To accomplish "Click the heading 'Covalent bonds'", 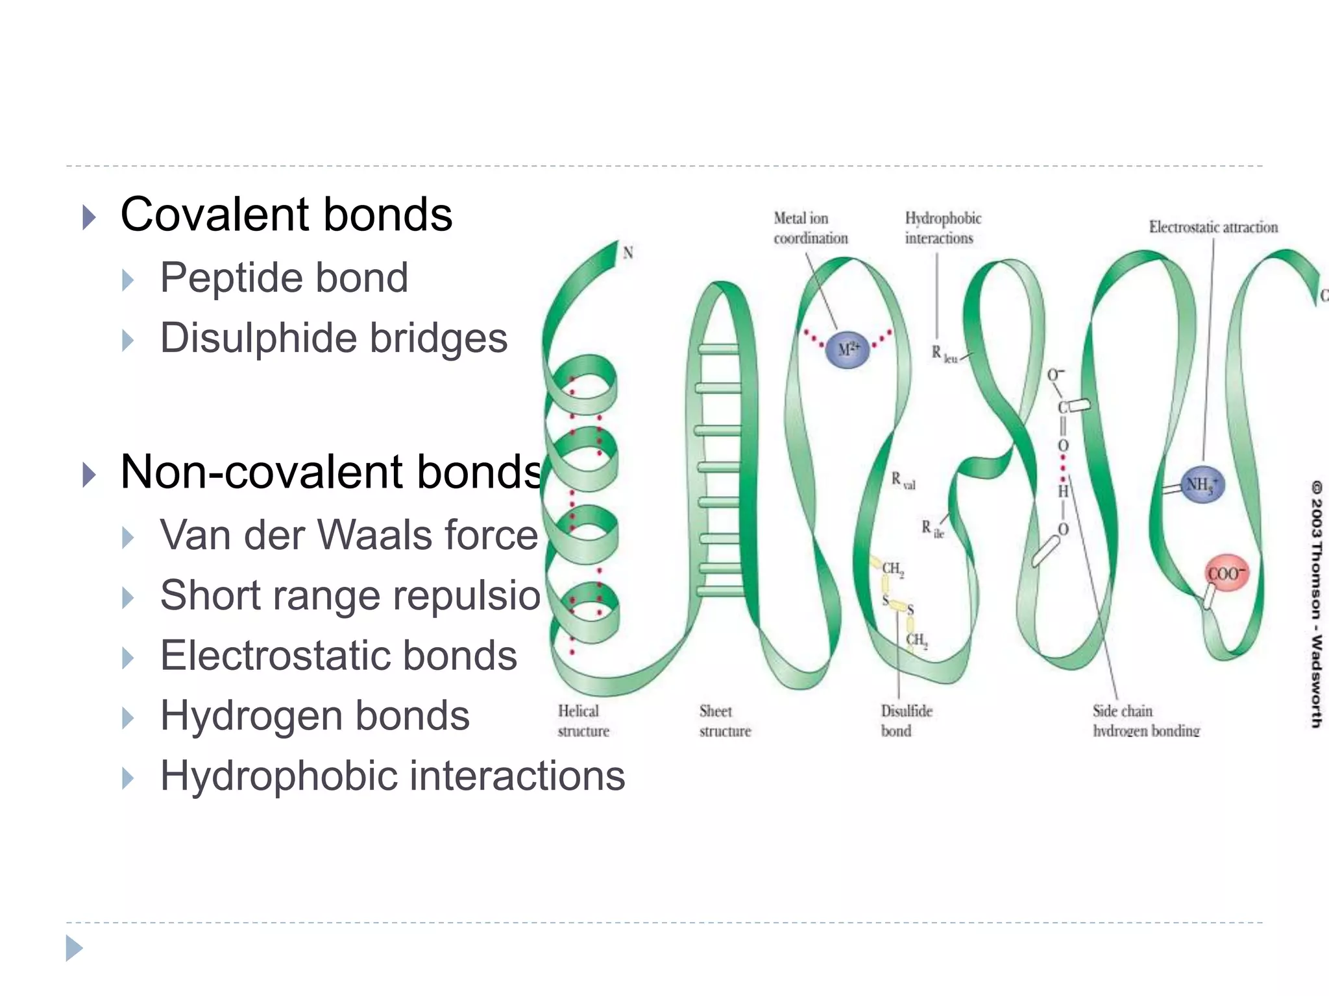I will tap(286, 215).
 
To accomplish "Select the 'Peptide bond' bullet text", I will tap(284, 278).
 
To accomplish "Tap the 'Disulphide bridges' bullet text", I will tap(334, 338).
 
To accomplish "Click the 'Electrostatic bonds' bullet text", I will tap(338, 656).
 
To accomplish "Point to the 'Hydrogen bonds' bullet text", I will tap(315, 716).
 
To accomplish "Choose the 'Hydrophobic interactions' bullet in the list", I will tap(392, 776).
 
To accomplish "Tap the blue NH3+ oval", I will tap(1202, 485).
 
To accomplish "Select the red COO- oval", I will tap(1226, 573).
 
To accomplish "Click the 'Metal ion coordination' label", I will tap(810, 228).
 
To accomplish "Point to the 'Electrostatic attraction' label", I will tap(1213, 227).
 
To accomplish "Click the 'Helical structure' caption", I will tap(583, 721).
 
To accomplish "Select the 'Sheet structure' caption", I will tap(724, 721).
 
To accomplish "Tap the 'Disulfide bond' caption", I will tap(906, 721).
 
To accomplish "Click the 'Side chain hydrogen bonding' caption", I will tap(1145, 721).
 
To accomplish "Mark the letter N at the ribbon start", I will tap(628, 253).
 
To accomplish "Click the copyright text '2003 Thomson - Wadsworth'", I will tap(1316, 603).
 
